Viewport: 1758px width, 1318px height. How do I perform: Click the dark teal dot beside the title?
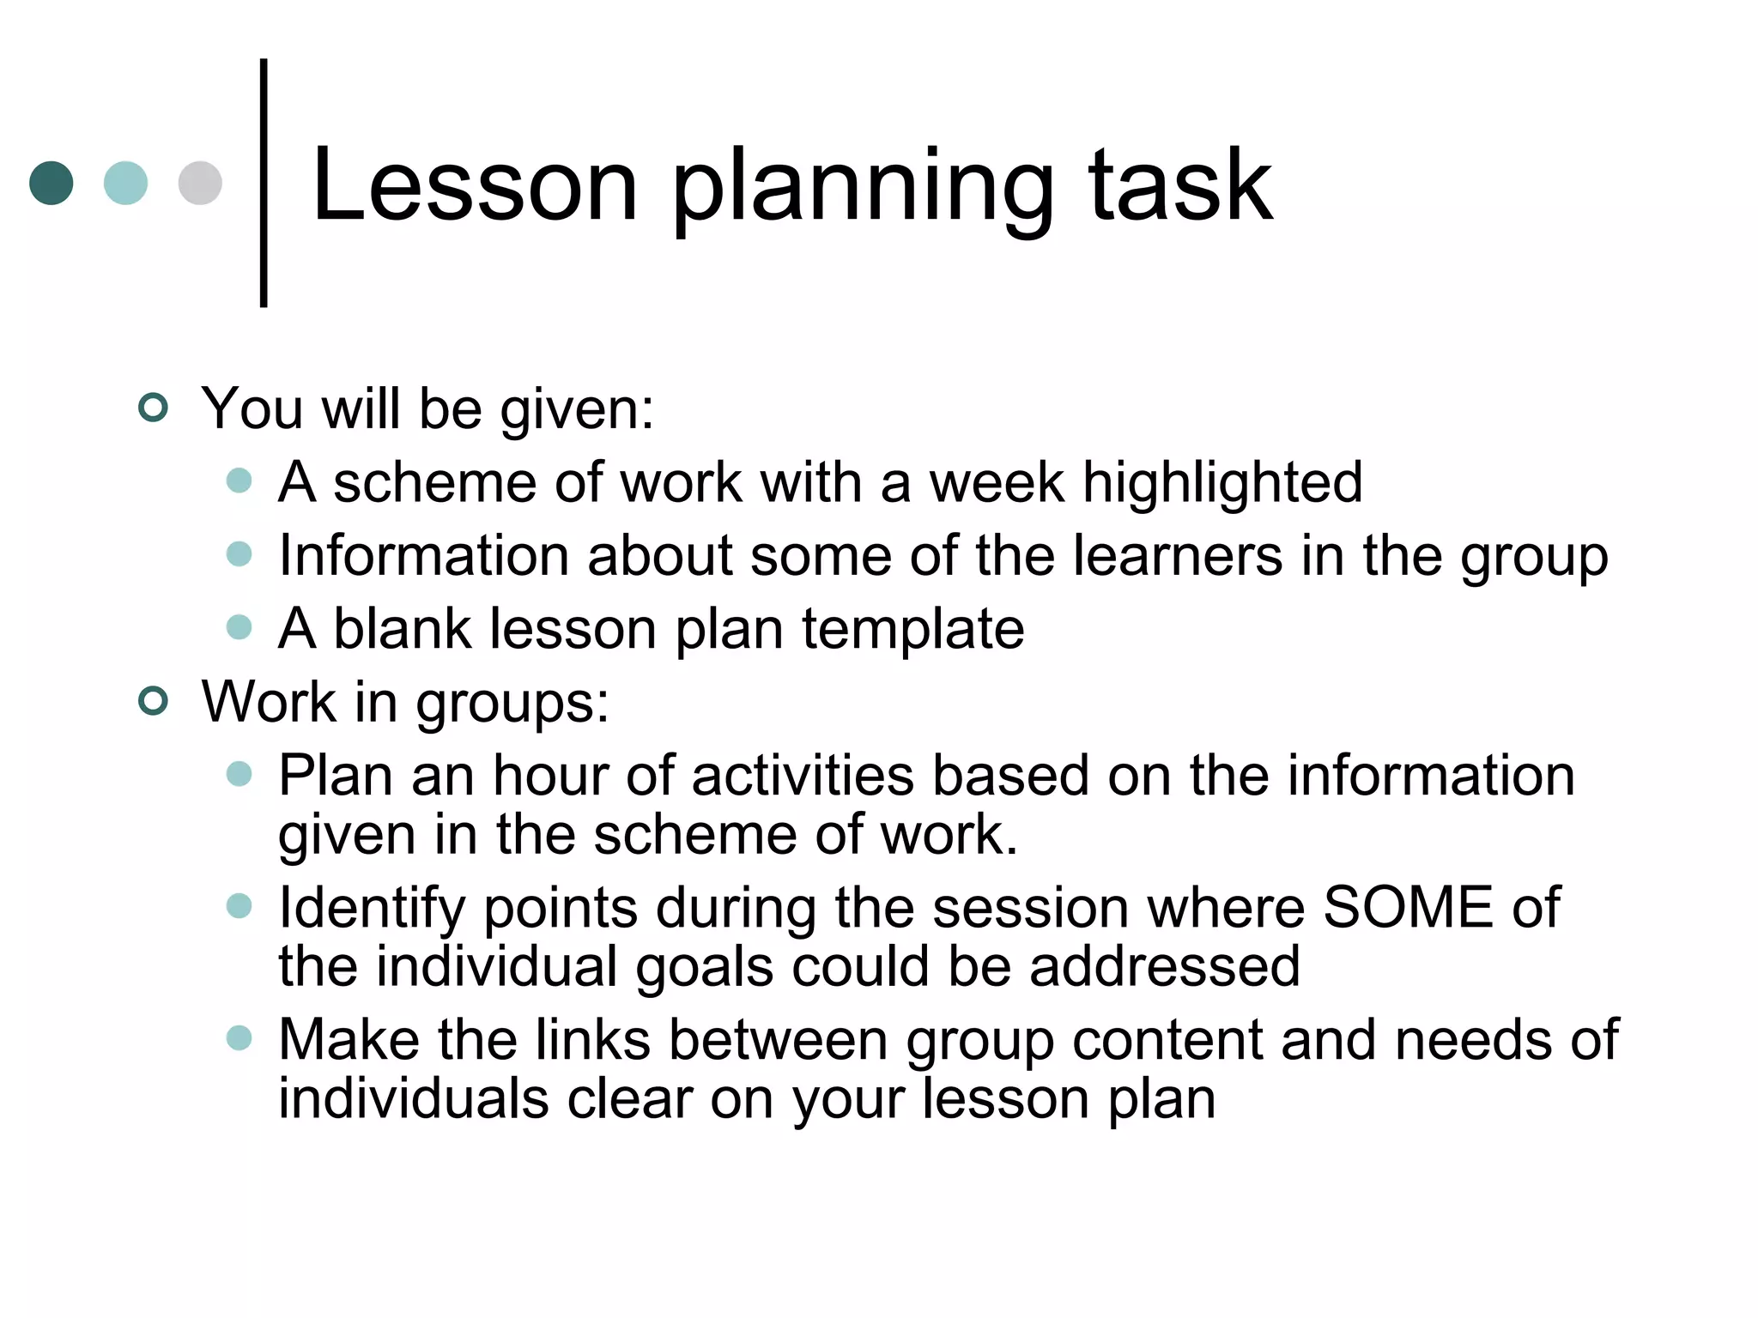(x=52, y=183)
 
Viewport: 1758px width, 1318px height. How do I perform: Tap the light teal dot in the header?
(x=125, y=183)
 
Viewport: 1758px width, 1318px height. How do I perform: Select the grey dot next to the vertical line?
(x=200, y=183)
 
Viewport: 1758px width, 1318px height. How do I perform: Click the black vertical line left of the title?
(x=264, y=183)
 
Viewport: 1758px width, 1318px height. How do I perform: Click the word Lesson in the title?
(x=475, y=186)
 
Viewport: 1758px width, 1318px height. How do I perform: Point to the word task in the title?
(x=1180, y=186)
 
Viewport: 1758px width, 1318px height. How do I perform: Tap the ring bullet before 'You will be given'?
(x=153, y=408)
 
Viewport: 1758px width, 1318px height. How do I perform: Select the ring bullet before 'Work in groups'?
(x=153, y=701)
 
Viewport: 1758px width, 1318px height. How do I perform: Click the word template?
(x=913, y=630)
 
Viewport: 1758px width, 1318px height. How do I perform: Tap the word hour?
(x=549, y=776)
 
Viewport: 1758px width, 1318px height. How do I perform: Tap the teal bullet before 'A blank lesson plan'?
(x=239, y=627)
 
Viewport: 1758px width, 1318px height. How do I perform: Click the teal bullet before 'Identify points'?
(x=239, y=906)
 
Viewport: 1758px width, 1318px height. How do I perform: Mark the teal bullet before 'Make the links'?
(x=239, y=1038)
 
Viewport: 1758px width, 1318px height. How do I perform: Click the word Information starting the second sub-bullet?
(x=424, y=555)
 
